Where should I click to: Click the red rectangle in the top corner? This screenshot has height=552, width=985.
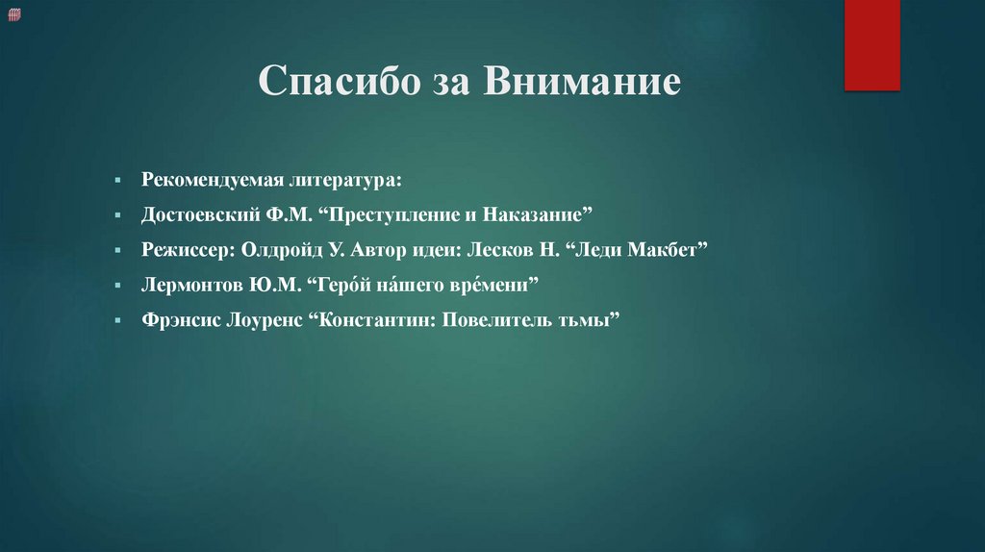[x=871, y=44]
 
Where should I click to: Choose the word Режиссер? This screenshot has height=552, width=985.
[x=182, y=250]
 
